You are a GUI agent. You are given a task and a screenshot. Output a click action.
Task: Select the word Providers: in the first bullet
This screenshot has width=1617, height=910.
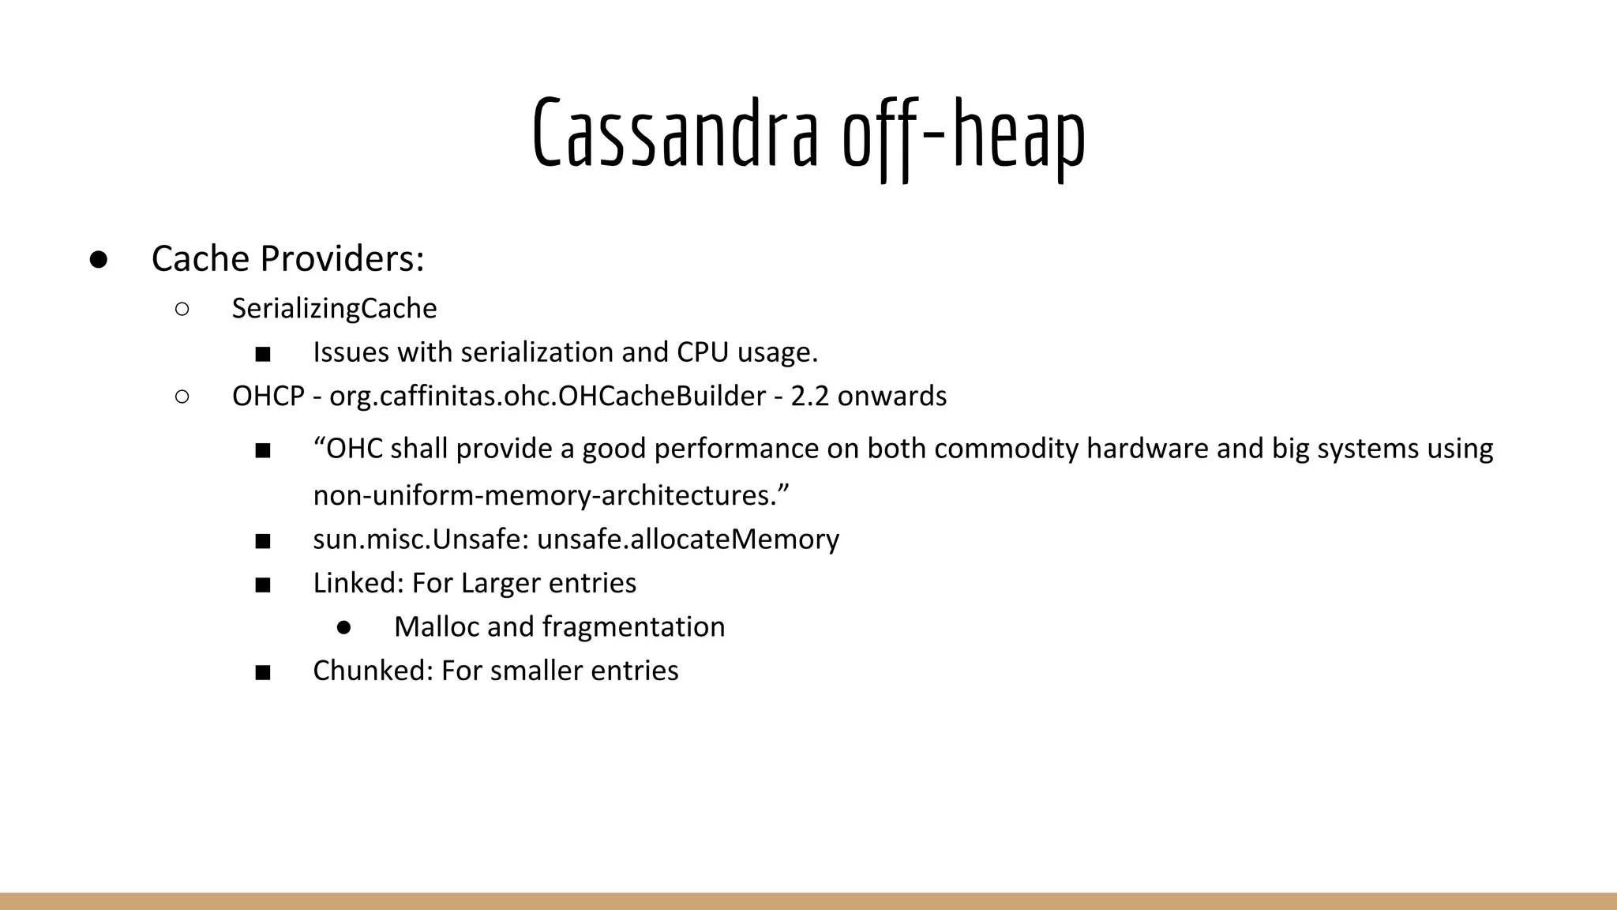(x=343, y=258)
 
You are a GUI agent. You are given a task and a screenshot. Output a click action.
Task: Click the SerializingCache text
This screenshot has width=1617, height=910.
(x=334, y=308)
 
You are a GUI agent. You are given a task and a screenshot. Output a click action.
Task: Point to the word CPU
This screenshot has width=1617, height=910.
(x=702, y=352)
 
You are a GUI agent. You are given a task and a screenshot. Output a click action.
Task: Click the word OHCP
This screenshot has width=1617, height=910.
(x=268, y=396)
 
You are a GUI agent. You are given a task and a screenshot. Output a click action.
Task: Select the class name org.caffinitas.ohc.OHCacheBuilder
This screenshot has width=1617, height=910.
(x=547, y=396)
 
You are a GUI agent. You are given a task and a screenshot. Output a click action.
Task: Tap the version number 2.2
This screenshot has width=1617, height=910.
(x=809, y=396)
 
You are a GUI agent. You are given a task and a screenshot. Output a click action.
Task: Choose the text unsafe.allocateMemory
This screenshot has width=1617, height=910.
(x=688, y=539)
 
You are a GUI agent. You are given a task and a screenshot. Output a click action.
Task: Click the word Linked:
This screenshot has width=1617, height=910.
(x=358, y=583)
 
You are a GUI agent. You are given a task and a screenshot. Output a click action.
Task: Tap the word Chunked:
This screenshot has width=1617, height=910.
(x=373, y=671)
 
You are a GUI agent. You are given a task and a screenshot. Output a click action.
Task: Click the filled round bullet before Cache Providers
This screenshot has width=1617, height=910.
(x=99, y=260)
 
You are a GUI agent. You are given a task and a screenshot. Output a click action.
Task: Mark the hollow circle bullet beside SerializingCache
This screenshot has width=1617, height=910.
(x=182, y=309)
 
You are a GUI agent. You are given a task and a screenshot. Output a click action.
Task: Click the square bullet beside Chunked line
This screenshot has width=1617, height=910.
(x=263, y=672)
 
